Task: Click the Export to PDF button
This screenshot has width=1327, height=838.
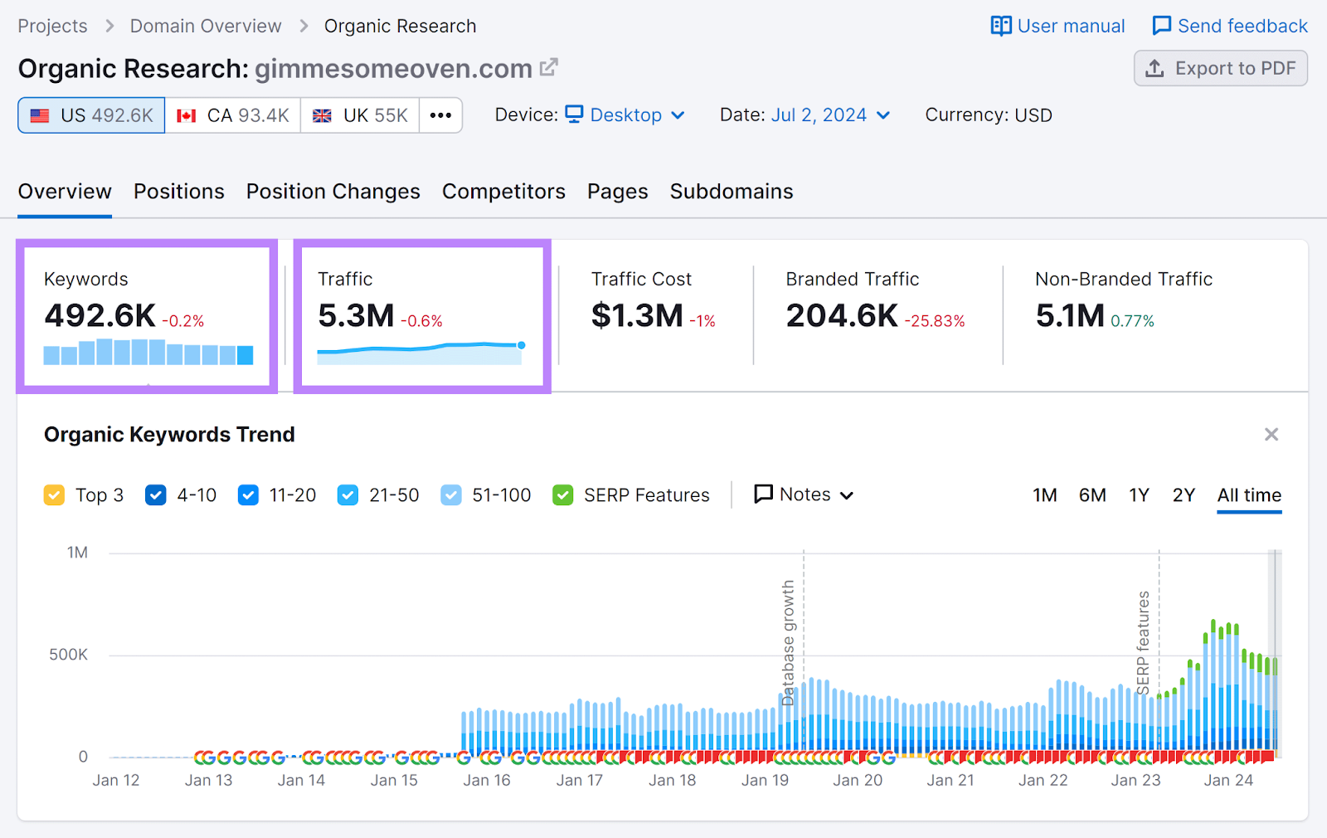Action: click(x=1220, y=69)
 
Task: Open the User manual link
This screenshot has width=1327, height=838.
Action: click(x=1057, y=27)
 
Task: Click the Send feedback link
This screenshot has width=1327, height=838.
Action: click(x=1230, y=27)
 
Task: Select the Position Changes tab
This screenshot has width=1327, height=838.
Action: click(x=333, y=192)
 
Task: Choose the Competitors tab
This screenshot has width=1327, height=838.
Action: click(x=503, y=192)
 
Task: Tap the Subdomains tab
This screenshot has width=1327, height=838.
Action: click(x=731, y=192)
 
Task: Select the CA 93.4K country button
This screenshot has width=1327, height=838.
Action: click(x=233, y=115)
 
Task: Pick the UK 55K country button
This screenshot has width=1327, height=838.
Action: click(x=360, y=115)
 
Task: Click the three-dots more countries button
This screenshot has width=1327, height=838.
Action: click(x=440, y=115)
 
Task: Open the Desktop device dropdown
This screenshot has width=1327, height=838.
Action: click(x=626, y=115)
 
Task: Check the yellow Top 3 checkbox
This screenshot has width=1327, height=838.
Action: click(x=54, y=495)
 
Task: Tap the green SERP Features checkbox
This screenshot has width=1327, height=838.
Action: click(x=563, y=495)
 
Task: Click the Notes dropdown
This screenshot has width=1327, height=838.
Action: click(x=804, y=495)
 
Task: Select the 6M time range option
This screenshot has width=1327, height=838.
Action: click(x=1092, y=495)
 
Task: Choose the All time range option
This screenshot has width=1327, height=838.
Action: click(x=1249, y=495)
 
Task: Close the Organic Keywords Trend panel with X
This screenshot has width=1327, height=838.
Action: click(x=1271, y=435)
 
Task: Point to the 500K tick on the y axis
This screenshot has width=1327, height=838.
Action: click(x=68, y=655)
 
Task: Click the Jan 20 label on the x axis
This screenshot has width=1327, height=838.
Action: click(x=858, y=781)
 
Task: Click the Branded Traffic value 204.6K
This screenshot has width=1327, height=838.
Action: click(x=842, y=316)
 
